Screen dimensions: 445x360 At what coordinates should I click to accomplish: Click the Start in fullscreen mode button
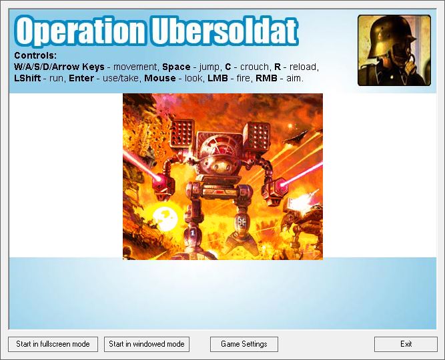click(x=53, y=344)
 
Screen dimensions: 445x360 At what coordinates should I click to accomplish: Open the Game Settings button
click(x=244, y=344)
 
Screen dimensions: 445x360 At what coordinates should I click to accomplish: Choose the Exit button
click(x=406, y=344)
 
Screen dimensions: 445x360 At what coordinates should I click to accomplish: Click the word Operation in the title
click(x=80, y=31)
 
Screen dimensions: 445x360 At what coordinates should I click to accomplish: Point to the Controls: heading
click(x=35, y=55)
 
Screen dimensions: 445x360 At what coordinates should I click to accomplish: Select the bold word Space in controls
click(x=176, y=67)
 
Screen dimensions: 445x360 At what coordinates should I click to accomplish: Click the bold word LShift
click(x=27, y=78)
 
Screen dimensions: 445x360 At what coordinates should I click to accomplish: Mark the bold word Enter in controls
click(x=81, y=78)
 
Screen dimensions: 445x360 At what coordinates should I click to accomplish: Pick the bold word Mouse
click(x=159, y=78)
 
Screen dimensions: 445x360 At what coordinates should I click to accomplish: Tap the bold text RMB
click(x=266, y=78)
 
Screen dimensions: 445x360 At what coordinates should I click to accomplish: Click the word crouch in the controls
click(x=254, y=67)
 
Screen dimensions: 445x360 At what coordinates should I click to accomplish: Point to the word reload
click(x=304, y=67)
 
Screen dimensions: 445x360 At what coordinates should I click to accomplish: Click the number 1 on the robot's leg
click(x=193, y=233)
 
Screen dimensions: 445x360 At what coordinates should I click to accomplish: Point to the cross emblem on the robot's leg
click(x=242, y=221)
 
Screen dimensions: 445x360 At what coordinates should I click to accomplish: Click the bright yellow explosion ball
click(x=165, y=218)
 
